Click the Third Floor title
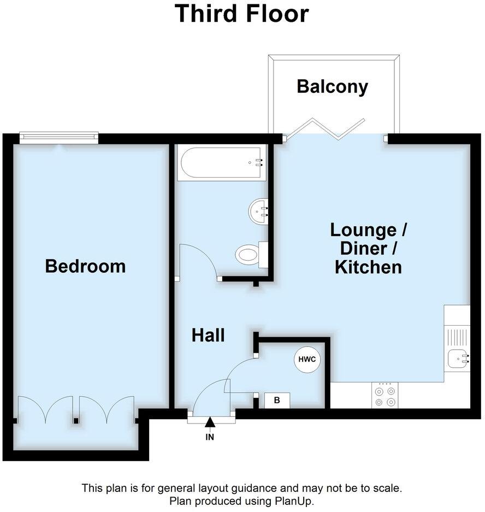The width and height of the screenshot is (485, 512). [242, 14]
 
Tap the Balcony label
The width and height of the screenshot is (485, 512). [332, 86]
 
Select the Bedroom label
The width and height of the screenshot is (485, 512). [85, 266]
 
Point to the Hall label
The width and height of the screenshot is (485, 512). [208, 335]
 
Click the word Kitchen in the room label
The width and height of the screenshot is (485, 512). [368, 267]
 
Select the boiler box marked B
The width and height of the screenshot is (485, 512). [277, 401]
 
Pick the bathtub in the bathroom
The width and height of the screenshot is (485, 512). [221, 162]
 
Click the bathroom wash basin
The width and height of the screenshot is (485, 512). [259, 211]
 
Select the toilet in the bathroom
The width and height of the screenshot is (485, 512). [249, 255]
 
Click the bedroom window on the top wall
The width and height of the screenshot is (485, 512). [58, 138]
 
